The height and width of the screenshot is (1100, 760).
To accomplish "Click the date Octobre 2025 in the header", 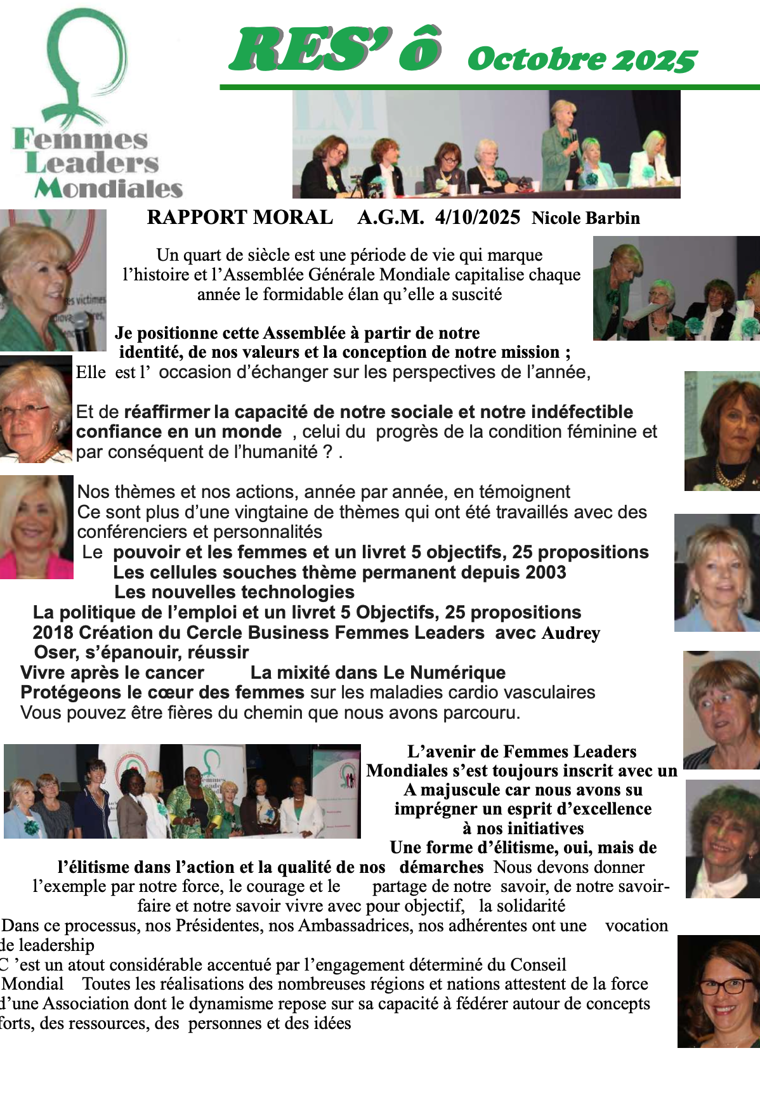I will tap(582, 60).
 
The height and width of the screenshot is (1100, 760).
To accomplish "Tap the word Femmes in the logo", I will tap(81, 139).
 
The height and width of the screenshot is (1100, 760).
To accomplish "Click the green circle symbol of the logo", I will tap(86, 54).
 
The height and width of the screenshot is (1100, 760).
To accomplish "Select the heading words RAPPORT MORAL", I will tap(240, 218).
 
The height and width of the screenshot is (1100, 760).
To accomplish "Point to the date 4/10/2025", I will tap(477, 218).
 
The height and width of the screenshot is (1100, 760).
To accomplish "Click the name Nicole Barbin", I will tap(586, 218).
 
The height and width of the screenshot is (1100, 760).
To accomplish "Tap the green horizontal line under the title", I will tap(489, 87).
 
